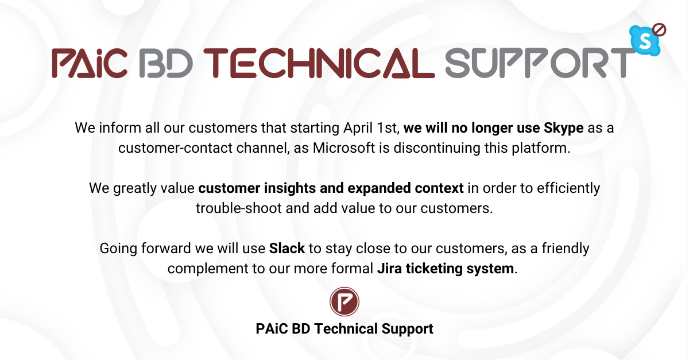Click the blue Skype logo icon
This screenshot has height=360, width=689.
(x=645, y=41)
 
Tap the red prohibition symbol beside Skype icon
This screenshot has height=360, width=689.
(x=659, y=30)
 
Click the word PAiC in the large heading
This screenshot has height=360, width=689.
(x=90, y=63)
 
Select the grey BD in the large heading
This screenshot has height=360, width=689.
(x=166, y=63)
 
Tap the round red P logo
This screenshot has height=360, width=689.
(x=344, y=301)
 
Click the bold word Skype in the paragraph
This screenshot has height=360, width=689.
(x=563, y=128)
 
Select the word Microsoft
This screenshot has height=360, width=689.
(x=344, y=148)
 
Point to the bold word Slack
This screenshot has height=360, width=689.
(x=287, y=248)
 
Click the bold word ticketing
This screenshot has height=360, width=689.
(x=434, y=269)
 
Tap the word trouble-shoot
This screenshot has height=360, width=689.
(x=239, y=208)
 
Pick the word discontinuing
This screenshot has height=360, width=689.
(x=437, y=148)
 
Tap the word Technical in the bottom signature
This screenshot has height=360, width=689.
(x=346, y=328)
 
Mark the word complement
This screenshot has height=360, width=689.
(x=208, y=269)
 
